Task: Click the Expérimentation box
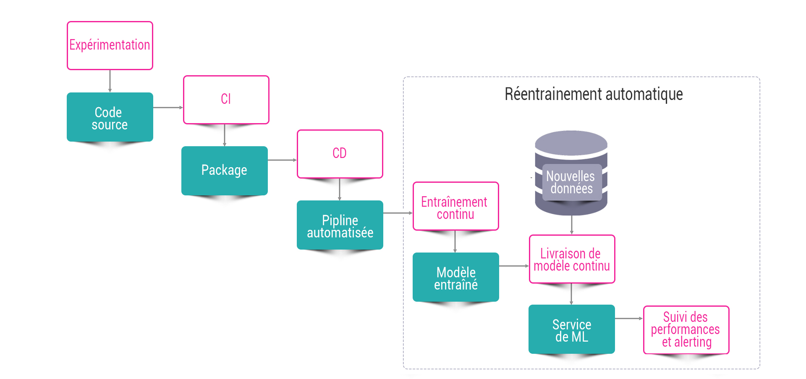110,45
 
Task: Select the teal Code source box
110,117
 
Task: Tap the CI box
226,100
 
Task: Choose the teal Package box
225,170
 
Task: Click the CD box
340,154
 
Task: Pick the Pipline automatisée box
340,225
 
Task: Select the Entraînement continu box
456,206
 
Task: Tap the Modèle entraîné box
456,277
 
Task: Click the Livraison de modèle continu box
572,259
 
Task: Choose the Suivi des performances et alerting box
686,330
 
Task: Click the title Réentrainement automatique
594,94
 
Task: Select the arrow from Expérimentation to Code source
110,81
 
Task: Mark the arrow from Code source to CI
168,108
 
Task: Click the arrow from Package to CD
282,160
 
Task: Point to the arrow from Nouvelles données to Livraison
572,225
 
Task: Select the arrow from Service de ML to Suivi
629,318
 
